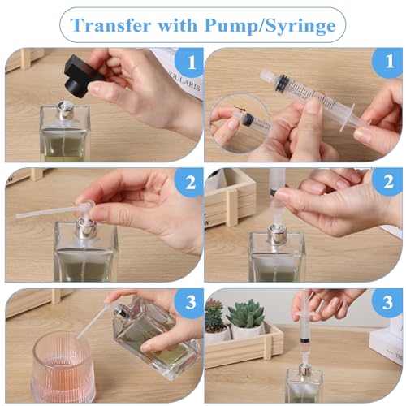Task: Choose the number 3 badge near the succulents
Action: pos(388,304)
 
